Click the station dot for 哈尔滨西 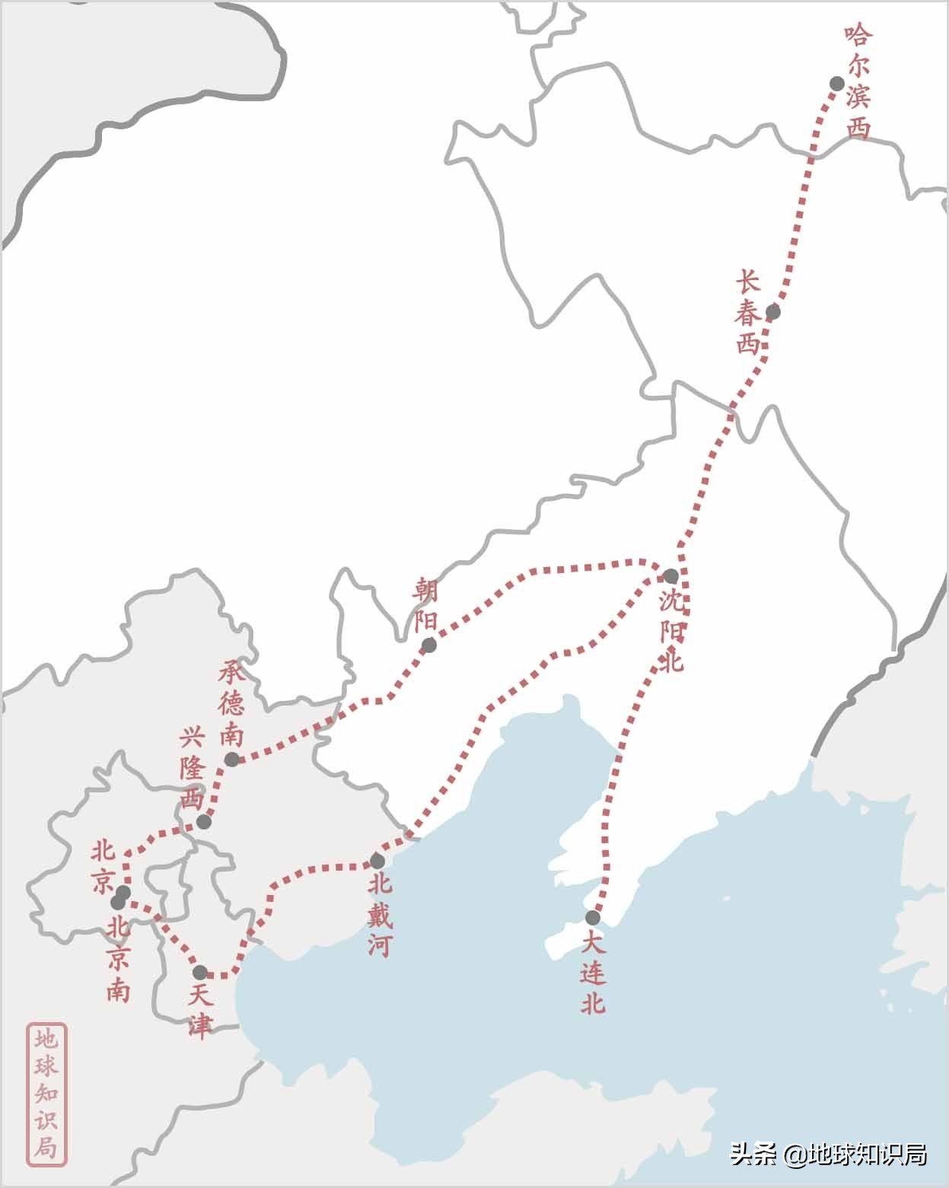[x=837, y=84]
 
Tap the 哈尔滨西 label [x=858, y=83]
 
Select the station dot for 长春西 [x=773, y=311]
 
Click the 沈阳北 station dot [x=670, y=576]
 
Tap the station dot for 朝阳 [x=429, y=645]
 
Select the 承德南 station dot [x=231, y=760]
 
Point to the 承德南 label [x=231, y=703]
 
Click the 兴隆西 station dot [x=203, y=822]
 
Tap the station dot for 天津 [x=200, y=973]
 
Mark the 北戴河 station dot [x=377, y=862]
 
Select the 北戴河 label [x=379, y=914]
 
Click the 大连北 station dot [x=593, y=918]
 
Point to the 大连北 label [x=593, y=973]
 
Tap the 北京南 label [x=118, y=959]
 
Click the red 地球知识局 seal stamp [x=47, y=1094]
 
